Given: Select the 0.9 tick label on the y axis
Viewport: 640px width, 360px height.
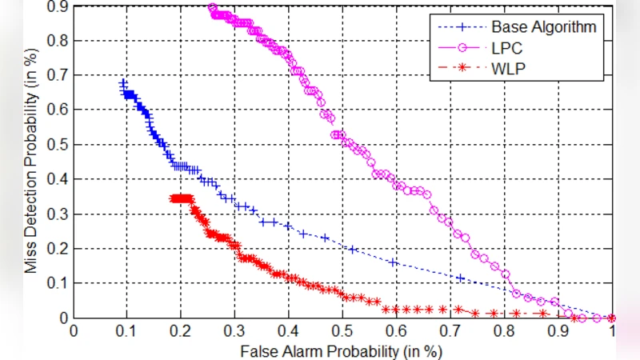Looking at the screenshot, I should point(58,6).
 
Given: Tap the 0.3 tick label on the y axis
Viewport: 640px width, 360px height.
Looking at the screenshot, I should point(58,215).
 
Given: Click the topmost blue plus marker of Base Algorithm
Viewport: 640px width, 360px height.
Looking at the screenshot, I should point(123,83).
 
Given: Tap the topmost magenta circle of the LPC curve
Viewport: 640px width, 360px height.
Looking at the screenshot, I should point(212,8).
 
